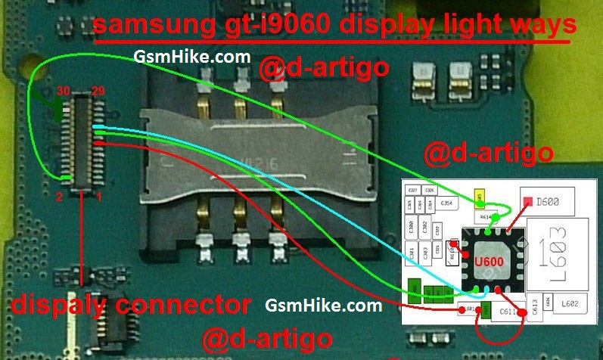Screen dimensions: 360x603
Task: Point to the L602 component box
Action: pos(568,304)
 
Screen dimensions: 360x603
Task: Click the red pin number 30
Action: pos(64,92)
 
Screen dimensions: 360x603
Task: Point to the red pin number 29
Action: pos(97,92)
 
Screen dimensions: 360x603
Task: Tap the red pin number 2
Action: pos(58,197)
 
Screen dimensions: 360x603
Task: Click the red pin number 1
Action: pos(98,197)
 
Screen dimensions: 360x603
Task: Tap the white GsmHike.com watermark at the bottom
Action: pos(324,306)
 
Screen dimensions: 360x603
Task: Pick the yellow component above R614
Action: pos(479,199)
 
